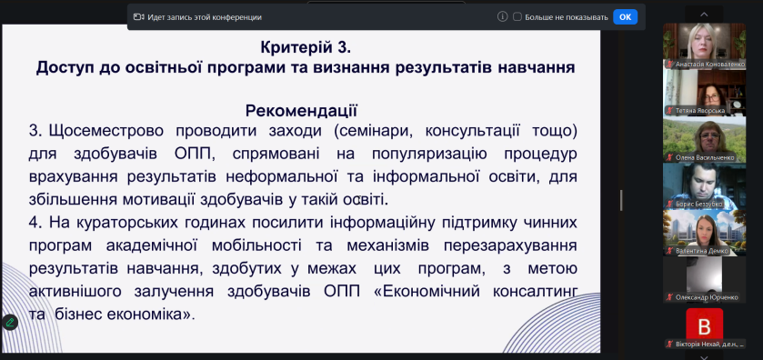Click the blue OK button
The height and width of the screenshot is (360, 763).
point(625,16)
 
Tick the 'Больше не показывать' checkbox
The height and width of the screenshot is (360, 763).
point(517,16)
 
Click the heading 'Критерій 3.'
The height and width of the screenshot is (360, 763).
point(305,46)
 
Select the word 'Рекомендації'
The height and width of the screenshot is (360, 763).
point(301,111)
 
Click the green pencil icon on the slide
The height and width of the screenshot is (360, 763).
point(10,322)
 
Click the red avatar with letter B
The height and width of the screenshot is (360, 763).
point(704,324)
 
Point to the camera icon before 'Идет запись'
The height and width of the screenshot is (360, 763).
point(139,16)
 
